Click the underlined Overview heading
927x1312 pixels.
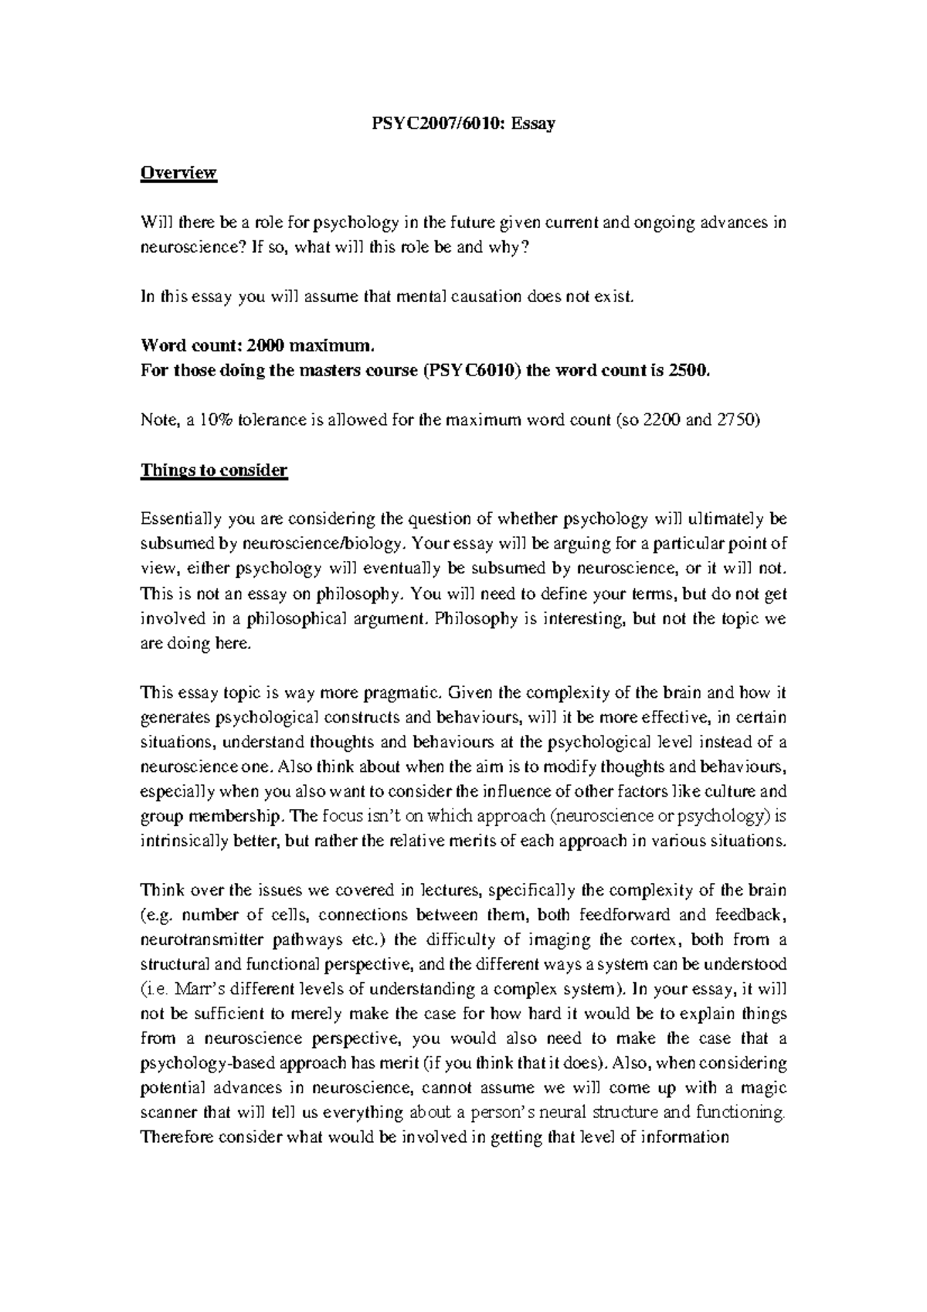coord(178,173)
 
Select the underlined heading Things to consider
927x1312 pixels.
coord(214,471)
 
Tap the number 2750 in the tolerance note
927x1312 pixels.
coord(737,421)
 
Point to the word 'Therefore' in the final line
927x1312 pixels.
coord(176,1137)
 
